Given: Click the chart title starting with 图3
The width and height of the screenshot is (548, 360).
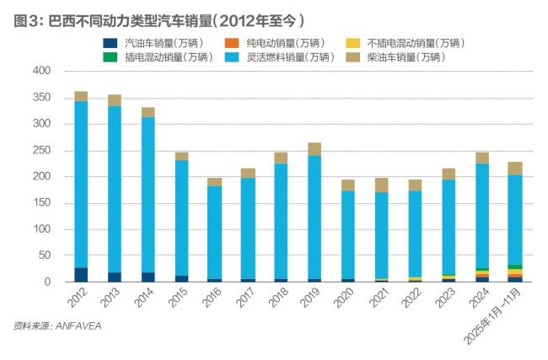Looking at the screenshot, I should point(160,19).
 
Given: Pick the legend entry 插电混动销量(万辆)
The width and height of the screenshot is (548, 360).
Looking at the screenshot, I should point(159,56).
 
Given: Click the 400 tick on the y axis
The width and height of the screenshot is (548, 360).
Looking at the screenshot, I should point(40,72).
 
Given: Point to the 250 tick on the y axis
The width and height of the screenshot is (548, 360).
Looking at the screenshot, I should point(40,150).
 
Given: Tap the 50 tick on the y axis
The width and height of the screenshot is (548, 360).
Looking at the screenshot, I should point(43,255).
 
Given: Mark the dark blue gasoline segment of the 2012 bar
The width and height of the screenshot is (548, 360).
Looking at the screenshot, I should point(81,275).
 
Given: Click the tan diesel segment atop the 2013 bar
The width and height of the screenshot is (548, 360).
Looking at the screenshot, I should point(114,100).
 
